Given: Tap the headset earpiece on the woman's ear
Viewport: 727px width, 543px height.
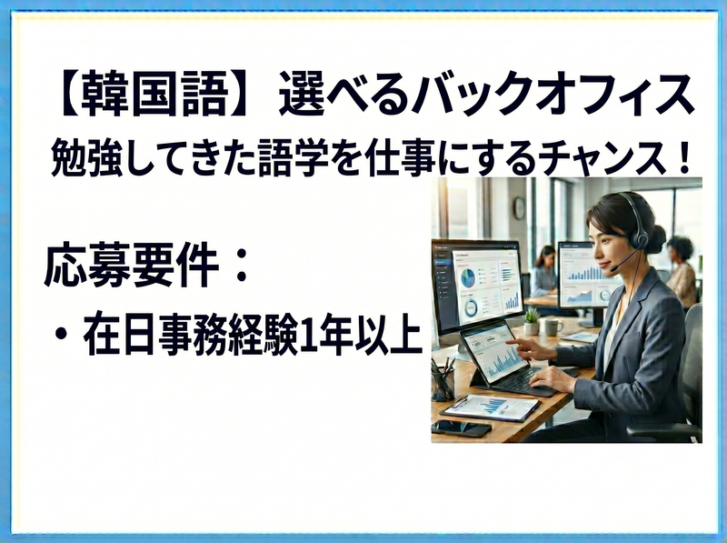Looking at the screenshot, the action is click(642, 239).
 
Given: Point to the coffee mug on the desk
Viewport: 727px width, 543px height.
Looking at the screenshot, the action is click(553, 327).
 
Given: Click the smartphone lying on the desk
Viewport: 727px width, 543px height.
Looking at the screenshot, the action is click(461, 427).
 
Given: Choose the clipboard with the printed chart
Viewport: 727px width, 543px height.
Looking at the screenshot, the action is click(490, 407).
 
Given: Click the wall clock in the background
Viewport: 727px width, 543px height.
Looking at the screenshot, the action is click(519, 208).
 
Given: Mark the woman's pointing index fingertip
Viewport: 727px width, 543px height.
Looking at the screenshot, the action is click(507, 342).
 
